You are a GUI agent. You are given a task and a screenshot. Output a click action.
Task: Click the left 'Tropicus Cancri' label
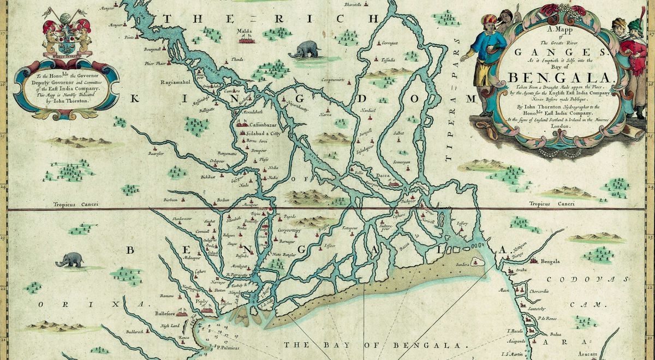tap(75, 205)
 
